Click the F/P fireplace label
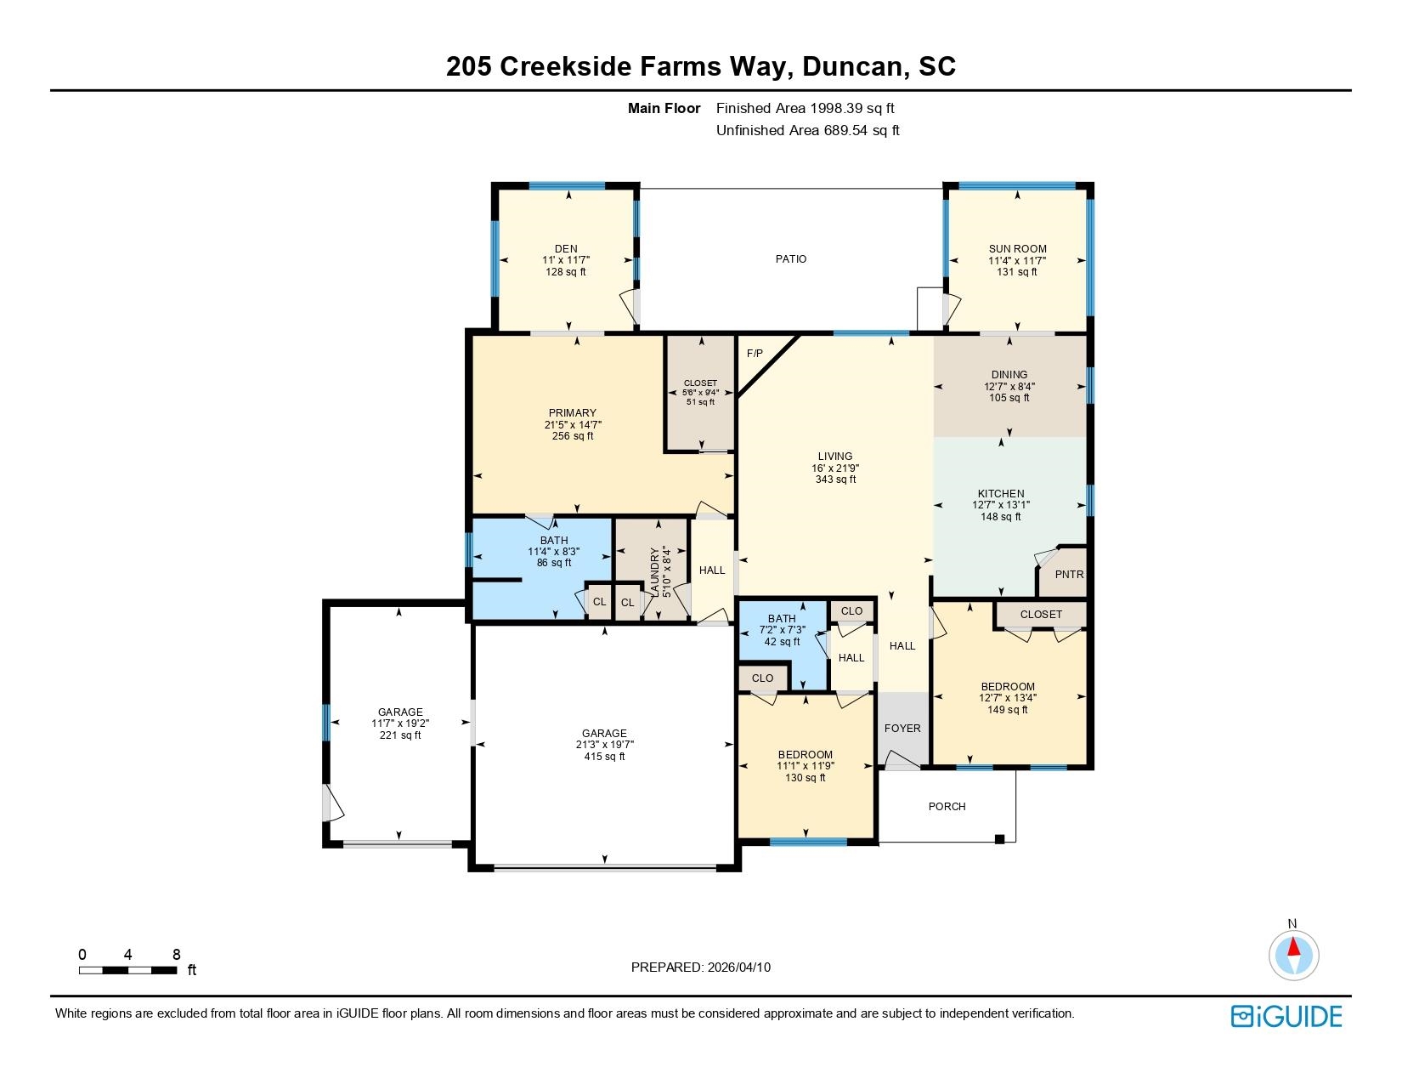[x=755, y=353]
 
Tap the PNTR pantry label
[x=1069, y=575]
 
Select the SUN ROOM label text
[x=1017, y=249]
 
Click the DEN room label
[x=566, y=249]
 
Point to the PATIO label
[x=790, y=258]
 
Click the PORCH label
[x=947, y=806]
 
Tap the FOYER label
[x=902, y=729]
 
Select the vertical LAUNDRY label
[x=654, y=571]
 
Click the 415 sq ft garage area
[x=604, y=756]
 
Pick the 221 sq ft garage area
[x=400, y=735]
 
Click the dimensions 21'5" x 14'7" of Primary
[x=574, y=424]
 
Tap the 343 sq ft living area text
[x=835, y=480]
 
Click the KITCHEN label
[x=1001, y=493]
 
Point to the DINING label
[x=1009, y=374]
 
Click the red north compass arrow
[x=1293, y=947]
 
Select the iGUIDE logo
[x=1286, y=1016]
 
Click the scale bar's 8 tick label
[x=177, y=955]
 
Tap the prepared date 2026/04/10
[x=738, y=967]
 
